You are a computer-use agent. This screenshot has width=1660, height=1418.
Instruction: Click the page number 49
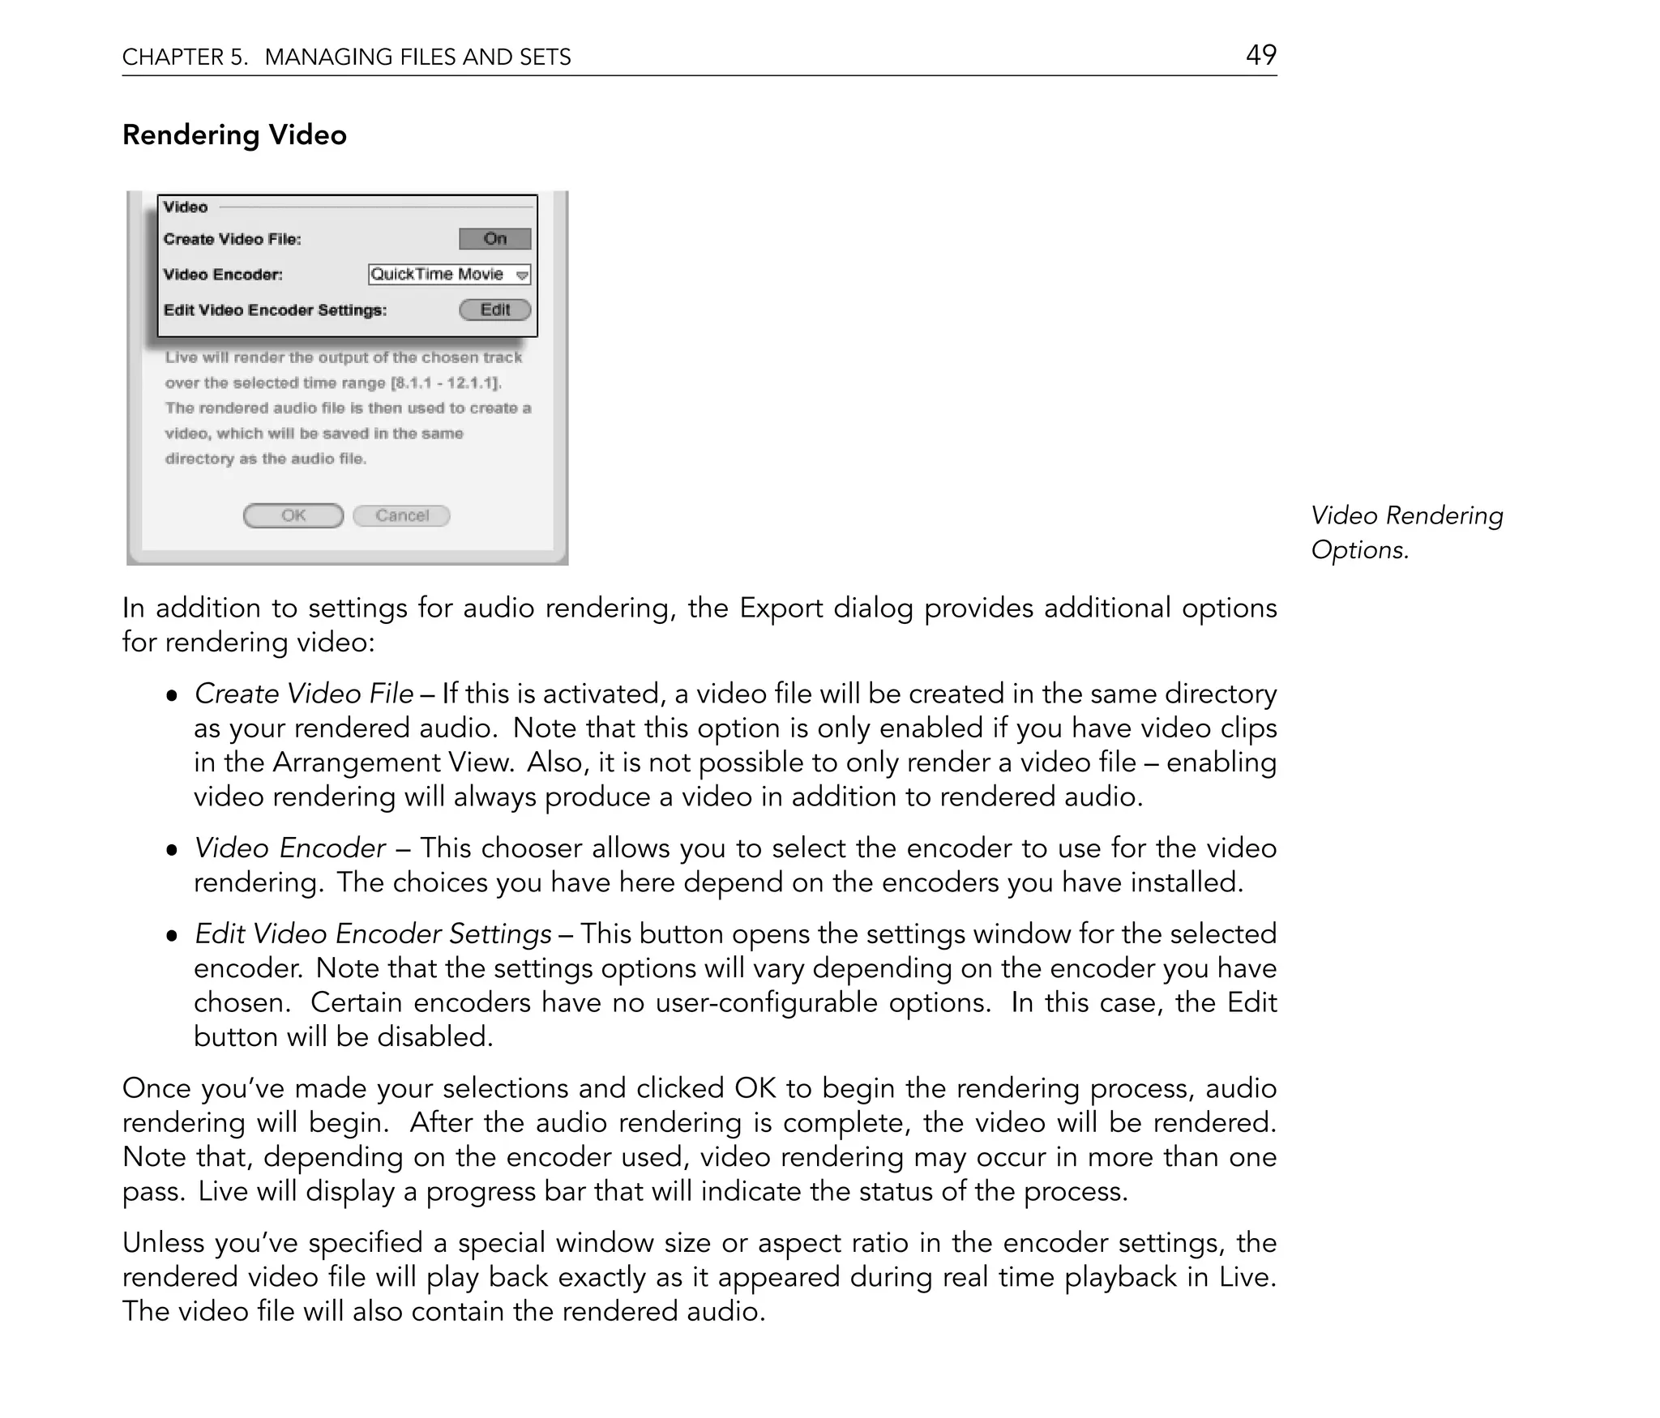click(x=1260, y=55)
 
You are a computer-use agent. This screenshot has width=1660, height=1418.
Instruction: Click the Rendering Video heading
click(x=234, y=135)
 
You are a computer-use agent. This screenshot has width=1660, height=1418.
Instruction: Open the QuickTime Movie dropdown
click(x=449, y=275)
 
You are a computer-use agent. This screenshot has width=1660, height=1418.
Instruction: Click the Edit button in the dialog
click(x=495, y=310)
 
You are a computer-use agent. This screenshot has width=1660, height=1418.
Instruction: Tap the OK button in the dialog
click(x=293, y=515)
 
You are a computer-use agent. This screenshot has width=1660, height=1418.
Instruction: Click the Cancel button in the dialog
click(x=402, y=515)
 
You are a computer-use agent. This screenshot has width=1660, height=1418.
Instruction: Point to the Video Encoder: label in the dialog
click(x=223, y=275)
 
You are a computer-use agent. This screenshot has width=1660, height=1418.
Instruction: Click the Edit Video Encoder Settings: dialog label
click(x=275, y=310)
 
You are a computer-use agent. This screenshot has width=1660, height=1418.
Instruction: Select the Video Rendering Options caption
click(x=1406, y=532)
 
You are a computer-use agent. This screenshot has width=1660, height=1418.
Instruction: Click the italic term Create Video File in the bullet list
click(x=304, y=694)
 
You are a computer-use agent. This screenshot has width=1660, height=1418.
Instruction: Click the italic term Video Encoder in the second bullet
click(x=290, y=848)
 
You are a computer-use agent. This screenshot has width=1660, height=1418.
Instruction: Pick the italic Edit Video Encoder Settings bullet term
click(x=373, y=933)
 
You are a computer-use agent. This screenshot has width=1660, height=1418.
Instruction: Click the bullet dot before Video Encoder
click(x=171, y=850)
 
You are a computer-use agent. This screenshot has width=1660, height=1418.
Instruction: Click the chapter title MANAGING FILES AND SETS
click(x=417, y=57)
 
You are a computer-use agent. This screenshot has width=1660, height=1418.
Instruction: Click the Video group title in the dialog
click(x=186, y=207)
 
